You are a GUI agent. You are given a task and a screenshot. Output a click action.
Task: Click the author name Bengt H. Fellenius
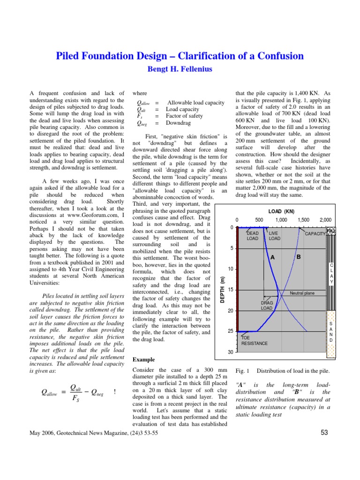coord(180,69)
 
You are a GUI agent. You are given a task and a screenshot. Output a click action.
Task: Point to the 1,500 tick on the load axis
coord(303,220)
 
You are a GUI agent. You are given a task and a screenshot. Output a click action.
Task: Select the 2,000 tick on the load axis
coord(325,220)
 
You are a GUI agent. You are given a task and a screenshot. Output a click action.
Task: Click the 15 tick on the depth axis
coord(231,290)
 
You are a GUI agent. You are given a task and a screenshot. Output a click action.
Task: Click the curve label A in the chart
coord(272,257)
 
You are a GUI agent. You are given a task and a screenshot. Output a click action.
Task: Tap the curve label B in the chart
coord(298,257)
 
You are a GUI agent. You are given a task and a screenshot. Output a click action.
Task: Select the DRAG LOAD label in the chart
coord(267,306)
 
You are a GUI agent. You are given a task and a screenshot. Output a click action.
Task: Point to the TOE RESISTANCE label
coord(255,340)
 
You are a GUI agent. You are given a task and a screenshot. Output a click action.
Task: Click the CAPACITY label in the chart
coord(315,233)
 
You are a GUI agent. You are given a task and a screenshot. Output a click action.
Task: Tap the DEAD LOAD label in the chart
coord(252,236)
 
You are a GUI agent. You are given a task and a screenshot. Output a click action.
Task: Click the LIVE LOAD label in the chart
coord(275,236)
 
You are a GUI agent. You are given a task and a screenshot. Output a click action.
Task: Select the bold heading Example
coord(144,360)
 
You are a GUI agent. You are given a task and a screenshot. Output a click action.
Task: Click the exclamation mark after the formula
coord(115,391)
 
